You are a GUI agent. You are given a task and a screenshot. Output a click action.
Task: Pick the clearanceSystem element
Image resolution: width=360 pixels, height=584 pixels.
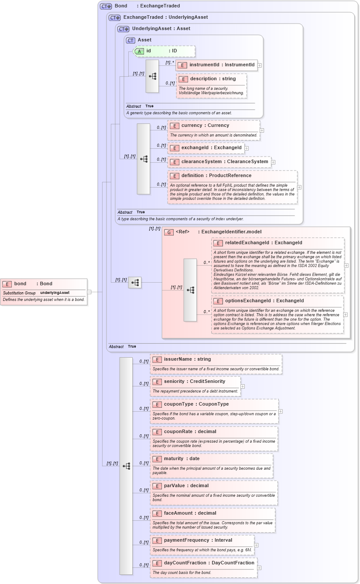coord(224,162)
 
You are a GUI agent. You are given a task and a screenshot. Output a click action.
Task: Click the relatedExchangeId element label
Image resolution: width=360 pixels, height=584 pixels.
coord(263,243)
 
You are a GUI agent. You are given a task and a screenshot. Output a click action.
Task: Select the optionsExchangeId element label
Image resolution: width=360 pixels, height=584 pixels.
coord(264,301)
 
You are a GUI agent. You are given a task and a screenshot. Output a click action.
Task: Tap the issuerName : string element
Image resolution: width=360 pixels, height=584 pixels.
coord(187,359)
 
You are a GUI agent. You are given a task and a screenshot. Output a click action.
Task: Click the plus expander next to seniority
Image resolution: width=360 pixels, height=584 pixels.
coord(243,386)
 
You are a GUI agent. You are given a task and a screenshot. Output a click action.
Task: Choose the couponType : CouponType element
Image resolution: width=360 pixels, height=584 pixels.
coord(196,404)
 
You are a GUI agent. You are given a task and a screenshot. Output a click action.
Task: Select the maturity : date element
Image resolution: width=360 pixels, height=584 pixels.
coord(182,459)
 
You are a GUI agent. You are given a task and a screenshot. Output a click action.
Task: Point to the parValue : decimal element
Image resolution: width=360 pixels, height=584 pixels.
coord(186,486)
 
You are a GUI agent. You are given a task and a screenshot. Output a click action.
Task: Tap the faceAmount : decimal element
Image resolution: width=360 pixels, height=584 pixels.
coord(190,513)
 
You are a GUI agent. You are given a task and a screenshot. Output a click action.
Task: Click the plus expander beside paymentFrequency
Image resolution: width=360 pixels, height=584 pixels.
coord(256,545)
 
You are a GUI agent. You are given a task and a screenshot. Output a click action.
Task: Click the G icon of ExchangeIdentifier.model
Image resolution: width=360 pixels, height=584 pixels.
coord(169,232)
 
